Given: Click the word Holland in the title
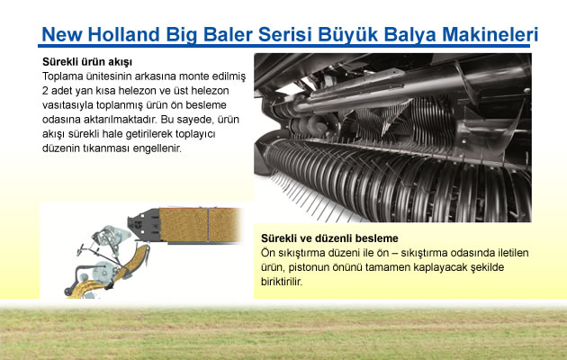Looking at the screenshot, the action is (123, 35).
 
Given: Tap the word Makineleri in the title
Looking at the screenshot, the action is (490, 35).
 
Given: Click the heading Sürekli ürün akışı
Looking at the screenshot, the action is (87, 62).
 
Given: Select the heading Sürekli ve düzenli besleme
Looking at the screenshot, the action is (329, 238).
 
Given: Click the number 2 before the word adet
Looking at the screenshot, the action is (45, 91).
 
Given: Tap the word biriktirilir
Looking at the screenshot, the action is (282, 282).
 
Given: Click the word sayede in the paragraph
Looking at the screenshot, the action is (193, 120).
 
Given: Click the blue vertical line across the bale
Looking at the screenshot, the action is (208, 224).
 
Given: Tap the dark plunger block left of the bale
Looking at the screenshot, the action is (144, 225).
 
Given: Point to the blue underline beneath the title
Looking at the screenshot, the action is (283, 46).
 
